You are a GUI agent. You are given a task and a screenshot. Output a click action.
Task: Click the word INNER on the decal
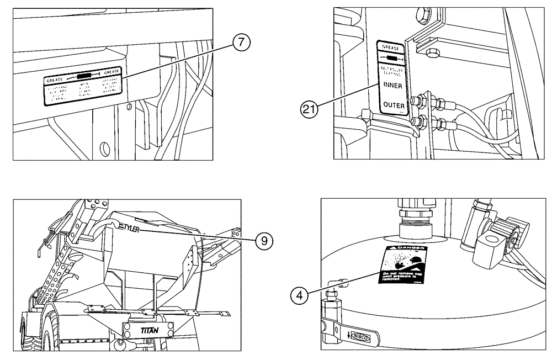[391, 86]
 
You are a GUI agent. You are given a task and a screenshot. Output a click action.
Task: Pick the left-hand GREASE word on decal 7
[56, 80]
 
